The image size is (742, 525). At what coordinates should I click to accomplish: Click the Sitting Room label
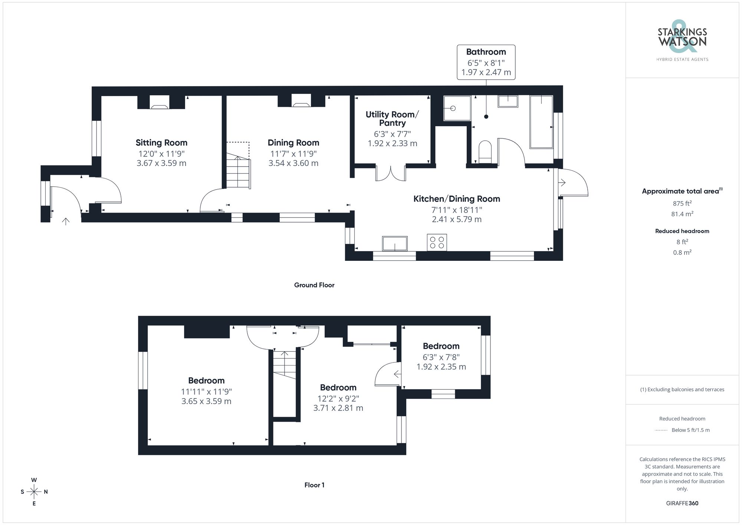click(161, 143)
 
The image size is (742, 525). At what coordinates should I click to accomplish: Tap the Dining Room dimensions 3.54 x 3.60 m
click(293, 163)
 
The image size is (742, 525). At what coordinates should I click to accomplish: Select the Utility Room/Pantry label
click(392, 119)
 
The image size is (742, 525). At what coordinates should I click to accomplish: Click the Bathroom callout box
click(486, 62)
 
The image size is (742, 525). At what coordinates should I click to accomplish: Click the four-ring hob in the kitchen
click(437, 243)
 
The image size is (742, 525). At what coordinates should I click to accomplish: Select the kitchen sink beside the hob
click(395, 244)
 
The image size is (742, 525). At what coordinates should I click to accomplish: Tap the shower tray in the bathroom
click(457, 108)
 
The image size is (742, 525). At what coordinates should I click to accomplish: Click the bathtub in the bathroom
click(541, 122)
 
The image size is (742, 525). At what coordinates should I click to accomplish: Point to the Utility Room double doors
click(391, 174)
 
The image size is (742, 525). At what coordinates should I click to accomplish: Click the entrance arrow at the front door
click(66, 222)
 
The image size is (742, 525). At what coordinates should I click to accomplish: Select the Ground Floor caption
click(314, 285)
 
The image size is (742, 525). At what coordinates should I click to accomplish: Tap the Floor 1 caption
click(314, 485)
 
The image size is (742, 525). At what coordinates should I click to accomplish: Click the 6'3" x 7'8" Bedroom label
click(441, 346)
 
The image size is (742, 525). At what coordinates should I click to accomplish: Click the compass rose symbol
click(34, 492)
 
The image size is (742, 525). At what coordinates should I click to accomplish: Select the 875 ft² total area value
click(682, 203)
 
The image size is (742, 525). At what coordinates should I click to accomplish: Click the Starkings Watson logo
click(682, 39)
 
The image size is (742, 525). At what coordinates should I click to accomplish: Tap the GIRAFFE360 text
click(682, 503)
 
